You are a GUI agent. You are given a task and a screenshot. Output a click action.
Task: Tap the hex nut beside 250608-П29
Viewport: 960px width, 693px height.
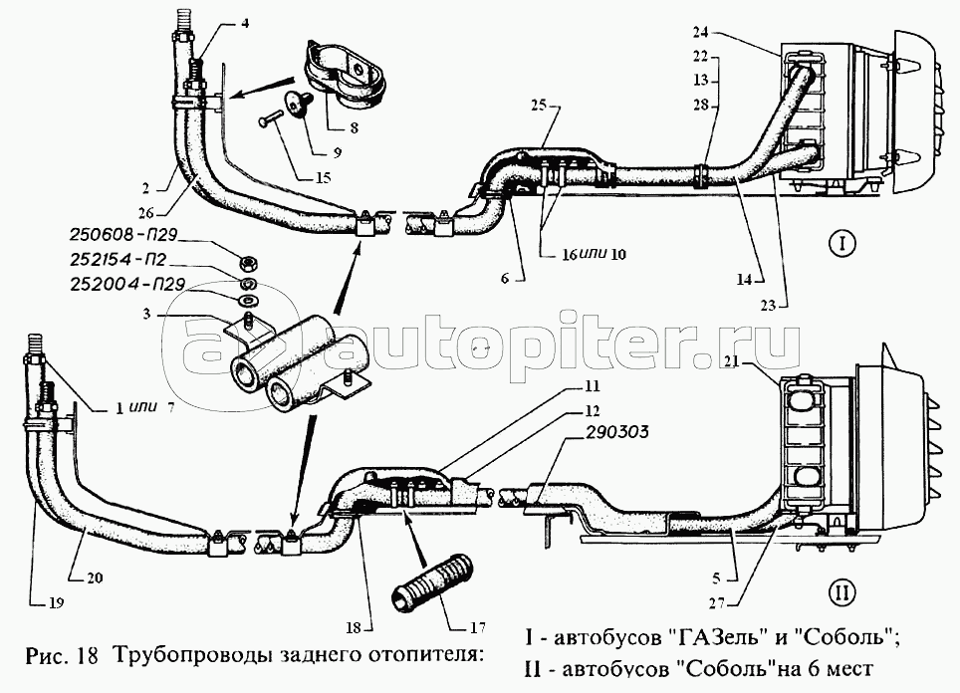click(247, 262)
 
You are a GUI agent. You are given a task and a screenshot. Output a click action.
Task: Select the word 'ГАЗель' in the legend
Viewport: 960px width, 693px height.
click(711, 635)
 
